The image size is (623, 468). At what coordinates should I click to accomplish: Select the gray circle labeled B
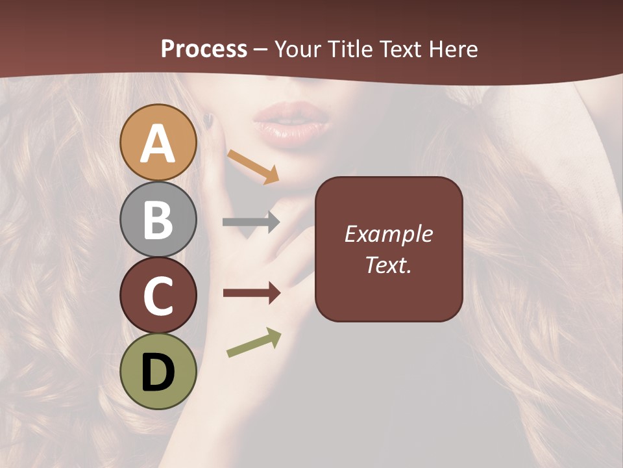(158, 220)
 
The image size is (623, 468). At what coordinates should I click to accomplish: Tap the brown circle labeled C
(158, 296)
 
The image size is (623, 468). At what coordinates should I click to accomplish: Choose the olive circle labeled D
(158, 372)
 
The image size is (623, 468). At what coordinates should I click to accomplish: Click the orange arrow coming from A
(253, 166)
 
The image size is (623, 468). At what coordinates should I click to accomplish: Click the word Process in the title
(204, 49)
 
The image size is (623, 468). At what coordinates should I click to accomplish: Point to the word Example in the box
(388, 234)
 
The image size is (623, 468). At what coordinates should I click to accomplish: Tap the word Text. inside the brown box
(388, 265)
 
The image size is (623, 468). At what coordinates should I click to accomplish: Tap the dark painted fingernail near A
(208, 120)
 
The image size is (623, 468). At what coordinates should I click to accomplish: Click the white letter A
(158, 144)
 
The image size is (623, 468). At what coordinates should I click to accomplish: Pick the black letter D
(158, 373)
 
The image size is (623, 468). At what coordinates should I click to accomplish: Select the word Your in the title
(297, 49)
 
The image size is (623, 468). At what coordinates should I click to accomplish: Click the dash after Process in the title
(261, 50)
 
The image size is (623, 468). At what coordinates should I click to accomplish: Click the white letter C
(158, 296)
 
